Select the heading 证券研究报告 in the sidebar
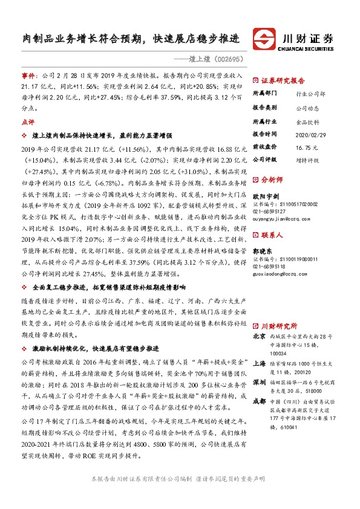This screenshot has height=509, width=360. [x=283, y=80]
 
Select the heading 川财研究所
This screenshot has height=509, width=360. [x=279, y=325]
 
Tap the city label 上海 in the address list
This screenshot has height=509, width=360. [x=258, y=364]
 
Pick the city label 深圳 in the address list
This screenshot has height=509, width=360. [x=258, y=382]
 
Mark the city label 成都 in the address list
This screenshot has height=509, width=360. [x=258, y=400]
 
